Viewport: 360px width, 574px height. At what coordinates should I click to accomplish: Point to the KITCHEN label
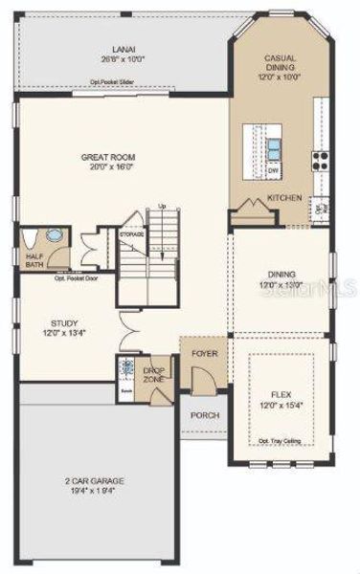284,198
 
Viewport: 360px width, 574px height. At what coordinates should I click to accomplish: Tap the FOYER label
204,353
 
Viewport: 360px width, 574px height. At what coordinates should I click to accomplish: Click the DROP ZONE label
154,375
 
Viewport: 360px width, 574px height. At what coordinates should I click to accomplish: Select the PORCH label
204,415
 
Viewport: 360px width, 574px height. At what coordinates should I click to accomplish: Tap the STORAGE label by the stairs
131,233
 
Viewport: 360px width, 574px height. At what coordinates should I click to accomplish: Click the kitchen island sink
274,148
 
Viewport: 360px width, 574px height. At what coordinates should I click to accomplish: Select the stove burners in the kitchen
319,160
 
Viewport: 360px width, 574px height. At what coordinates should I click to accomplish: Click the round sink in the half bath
53,235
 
